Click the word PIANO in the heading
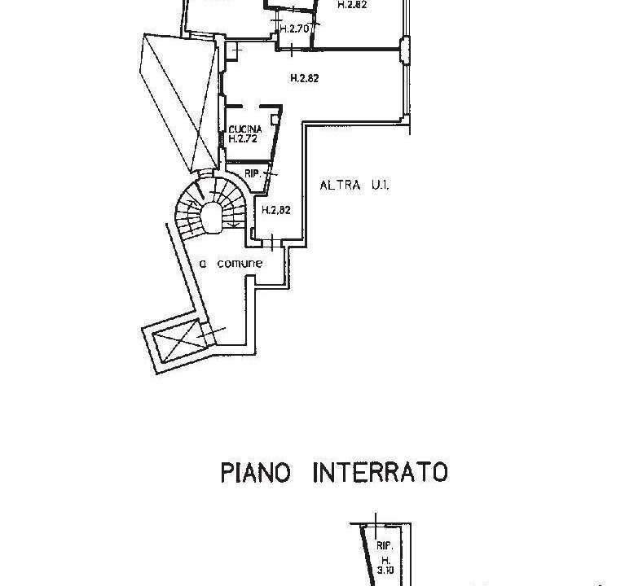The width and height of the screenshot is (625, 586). point(255,473)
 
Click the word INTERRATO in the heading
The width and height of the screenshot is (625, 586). point(380,473)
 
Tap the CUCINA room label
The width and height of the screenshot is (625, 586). point(245,130)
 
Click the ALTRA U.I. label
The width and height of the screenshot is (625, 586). point(354,186)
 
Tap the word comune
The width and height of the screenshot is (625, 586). point(240,264)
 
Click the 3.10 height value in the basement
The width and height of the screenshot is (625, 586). point(386,572)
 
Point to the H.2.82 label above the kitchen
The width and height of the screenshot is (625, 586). point(304,78)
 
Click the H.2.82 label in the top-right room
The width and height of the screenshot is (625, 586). point(353,4)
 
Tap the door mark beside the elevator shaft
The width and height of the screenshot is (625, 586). point(211,332)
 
